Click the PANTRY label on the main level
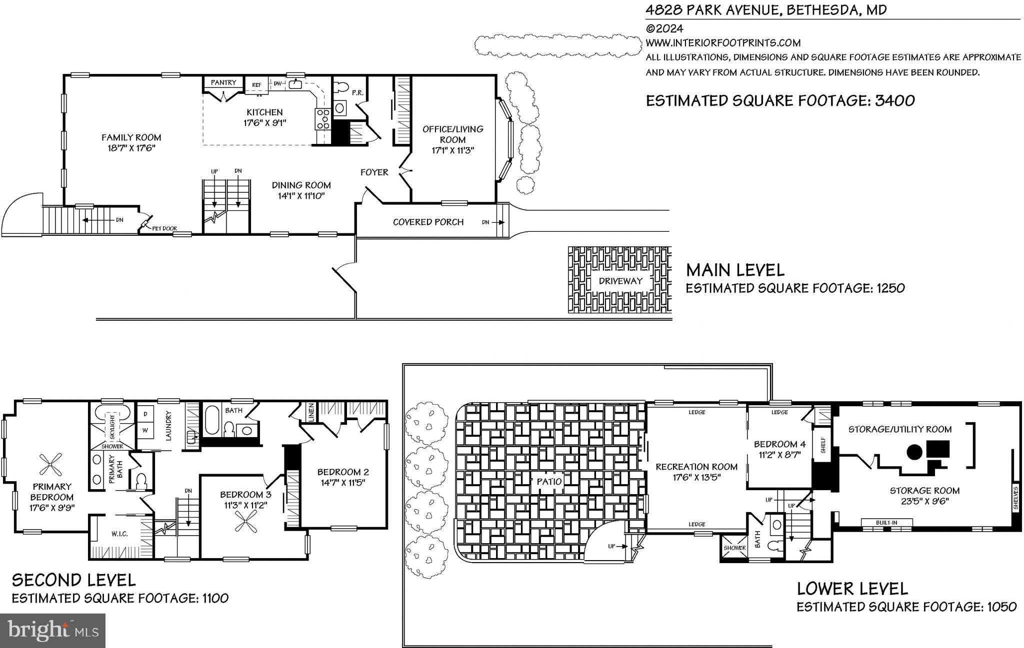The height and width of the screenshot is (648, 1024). [x=223, y=82]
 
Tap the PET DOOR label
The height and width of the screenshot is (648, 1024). [x=164, y=229]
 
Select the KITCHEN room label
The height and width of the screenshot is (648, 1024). [x=264, y=112]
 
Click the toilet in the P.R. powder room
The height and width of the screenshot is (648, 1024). [x=341, y=87]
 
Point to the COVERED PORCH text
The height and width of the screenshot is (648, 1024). [x=428, y=222]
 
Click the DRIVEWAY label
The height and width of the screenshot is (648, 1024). [x=620, y=281]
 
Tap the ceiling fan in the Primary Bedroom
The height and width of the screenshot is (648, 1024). [x=51, y=465]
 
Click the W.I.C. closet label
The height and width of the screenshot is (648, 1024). [x=119, y=534]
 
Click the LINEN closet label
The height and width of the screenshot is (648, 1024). [x=311, y=413]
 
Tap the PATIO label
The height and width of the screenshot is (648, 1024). [x=549, y=482]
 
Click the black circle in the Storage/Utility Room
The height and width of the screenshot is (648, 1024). [x=914, y=452]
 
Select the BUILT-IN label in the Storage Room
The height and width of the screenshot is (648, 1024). [x=886, y=523]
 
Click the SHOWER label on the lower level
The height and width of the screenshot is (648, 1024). [x=734, y=548]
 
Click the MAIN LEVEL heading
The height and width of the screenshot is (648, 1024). [x=735, y=270]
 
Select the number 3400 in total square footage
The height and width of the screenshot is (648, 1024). [x=895, y=100]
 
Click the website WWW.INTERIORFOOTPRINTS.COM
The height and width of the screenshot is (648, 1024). [x=723, y=43]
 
